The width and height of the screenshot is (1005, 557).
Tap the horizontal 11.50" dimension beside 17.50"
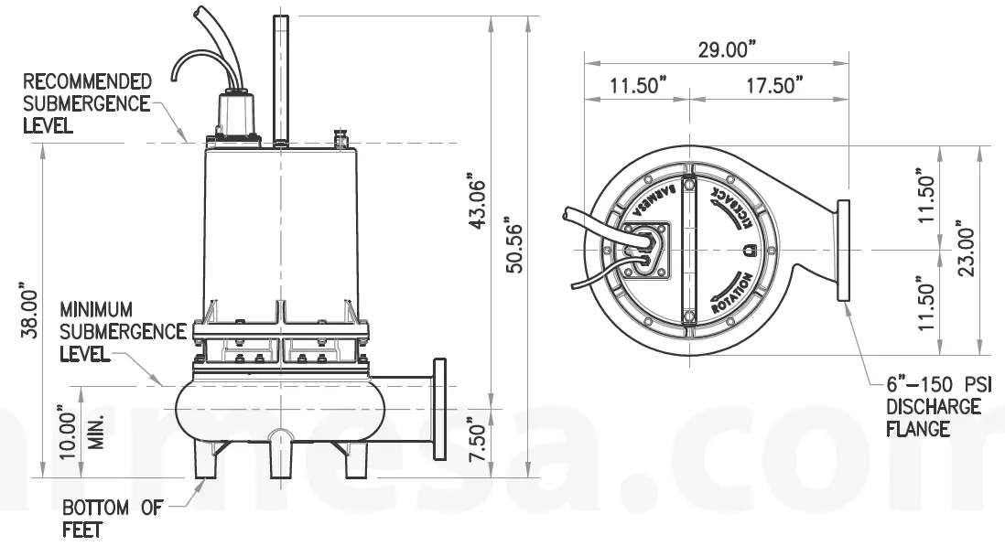639,86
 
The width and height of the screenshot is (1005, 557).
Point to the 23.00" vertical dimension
964,249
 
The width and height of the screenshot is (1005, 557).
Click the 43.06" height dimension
477,201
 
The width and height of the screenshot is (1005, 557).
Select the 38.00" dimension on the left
29,311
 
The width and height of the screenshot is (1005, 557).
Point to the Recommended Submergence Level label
87,103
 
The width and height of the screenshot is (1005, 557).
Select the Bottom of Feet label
112,518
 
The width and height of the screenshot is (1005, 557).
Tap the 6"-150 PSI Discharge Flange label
937,406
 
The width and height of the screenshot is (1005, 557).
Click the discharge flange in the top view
842,249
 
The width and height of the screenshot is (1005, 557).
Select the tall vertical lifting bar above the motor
280,78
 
